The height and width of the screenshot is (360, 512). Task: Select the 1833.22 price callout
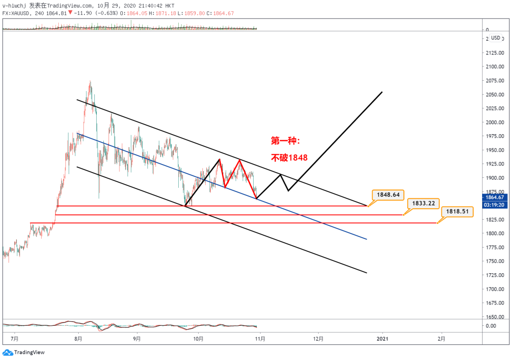coord(423,203)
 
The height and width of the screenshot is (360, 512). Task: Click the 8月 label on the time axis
coord(79,339)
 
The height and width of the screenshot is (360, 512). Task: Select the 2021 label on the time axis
coord(383,339)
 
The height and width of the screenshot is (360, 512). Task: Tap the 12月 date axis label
coord(319,339)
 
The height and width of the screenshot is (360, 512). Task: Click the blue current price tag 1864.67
coord(495,197)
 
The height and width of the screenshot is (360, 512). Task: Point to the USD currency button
coord(495,38)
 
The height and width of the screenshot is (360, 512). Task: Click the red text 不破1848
coord(289,157)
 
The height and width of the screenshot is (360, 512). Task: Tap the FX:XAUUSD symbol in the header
coord(17,13)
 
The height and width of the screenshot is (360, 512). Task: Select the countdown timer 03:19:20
coord(495,205)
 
